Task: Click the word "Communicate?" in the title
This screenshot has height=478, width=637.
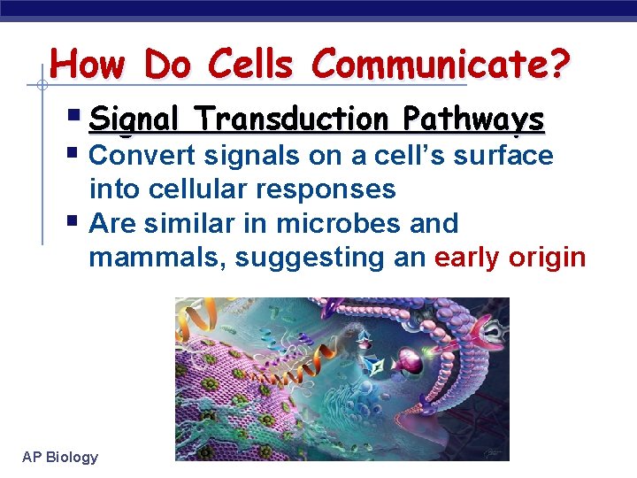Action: (441, 65)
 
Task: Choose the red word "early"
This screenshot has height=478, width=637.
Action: (467, 258)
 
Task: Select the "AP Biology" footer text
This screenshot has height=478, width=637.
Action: (60, 457)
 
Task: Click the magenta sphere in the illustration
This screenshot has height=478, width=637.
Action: (412, 360)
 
